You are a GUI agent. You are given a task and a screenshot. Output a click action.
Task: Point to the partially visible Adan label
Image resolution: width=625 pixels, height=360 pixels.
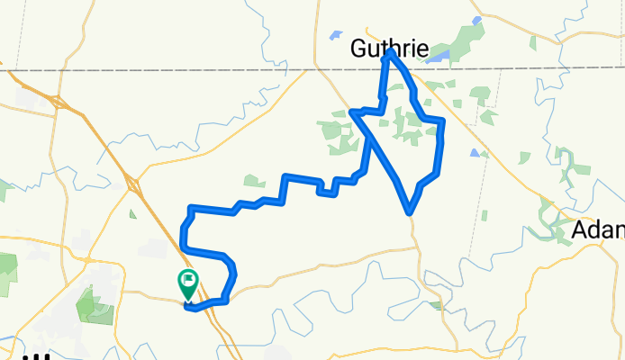[598, 232]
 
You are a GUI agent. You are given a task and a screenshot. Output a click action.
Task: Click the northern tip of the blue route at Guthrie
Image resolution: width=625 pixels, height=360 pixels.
[391, 53]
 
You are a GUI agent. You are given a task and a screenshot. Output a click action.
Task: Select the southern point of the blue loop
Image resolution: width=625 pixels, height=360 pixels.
[410, 212]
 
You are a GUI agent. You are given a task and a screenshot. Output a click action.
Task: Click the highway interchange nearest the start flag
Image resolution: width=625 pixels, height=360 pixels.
[132, 185]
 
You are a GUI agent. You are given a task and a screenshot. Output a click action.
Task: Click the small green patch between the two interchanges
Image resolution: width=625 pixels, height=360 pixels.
[132, 213]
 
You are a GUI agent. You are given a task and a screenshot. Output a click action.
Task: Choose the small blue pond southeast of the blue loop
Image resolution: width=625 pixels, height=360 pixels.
[474, 152]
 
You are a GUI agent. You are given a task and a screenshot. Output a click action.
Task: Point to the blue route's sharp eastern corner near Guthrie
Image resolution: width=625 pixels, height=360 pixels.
[443, 120]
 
